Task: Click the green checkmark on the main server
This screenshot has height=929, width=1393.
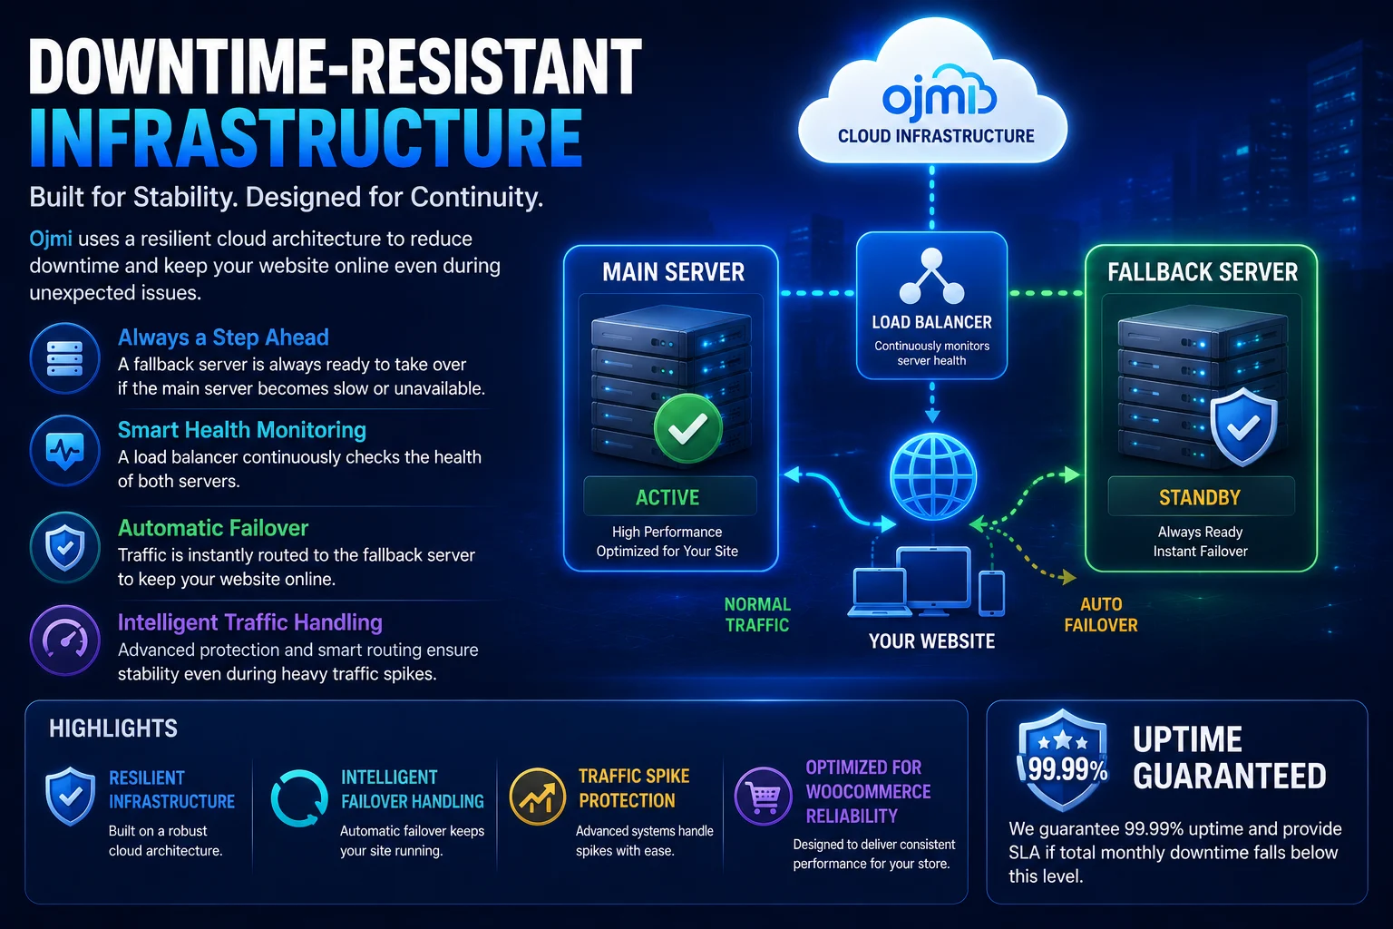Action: [x=687, y=429]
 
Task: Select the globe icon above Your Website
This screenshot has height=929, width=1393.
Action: [x=933, y=476]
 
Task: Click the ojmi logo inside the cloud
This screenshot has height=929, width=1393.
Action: [x=939, y=96]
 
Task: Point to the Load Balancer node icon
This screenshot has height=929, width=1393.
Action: [x=931, y=277]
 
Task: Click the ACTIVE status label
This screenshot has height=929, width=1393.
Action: [x=667, y=497]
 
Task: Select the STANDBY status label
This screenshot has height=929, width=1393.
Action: [x=1200, y=497]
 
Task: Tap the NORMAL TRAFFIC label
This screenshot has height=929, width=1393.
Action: [x=757, y=614]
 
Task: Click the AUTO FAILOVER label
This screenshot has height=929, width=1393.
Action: [x=1101, y=614]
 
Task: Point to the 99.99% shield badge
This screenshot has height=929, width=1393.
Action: [x=1065, y=759]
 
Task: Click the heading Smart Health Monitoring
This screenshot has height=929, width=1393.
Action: [x=242, y=430]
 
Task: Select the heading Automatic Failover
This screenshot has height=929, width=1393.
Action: [x=213, y=528]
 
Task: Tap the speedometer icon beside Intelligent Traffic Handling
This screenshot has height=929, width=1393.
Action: [x=64, y=641]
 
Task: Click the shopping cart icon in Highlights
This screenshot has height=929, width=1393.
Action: [x=763, y=796]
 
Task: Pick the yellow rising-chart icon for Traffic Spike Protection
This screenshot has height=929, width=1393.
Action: [x=537, y=797]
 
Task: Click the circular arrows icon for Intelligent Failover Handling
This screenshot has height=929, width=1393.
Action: [x=299, y=798]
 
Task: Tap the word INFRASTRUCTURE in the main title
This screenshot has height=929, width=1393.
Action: [x=306, y=138]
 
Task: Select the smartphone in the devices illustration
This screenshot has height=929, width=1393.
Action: [x=991, y=593]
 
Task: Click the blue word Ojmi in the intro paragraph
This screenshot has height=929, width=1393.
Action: [x=51, y=239]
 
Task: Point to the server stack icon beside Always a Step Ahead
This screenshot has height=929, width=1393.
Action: [x=64, y=358]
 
